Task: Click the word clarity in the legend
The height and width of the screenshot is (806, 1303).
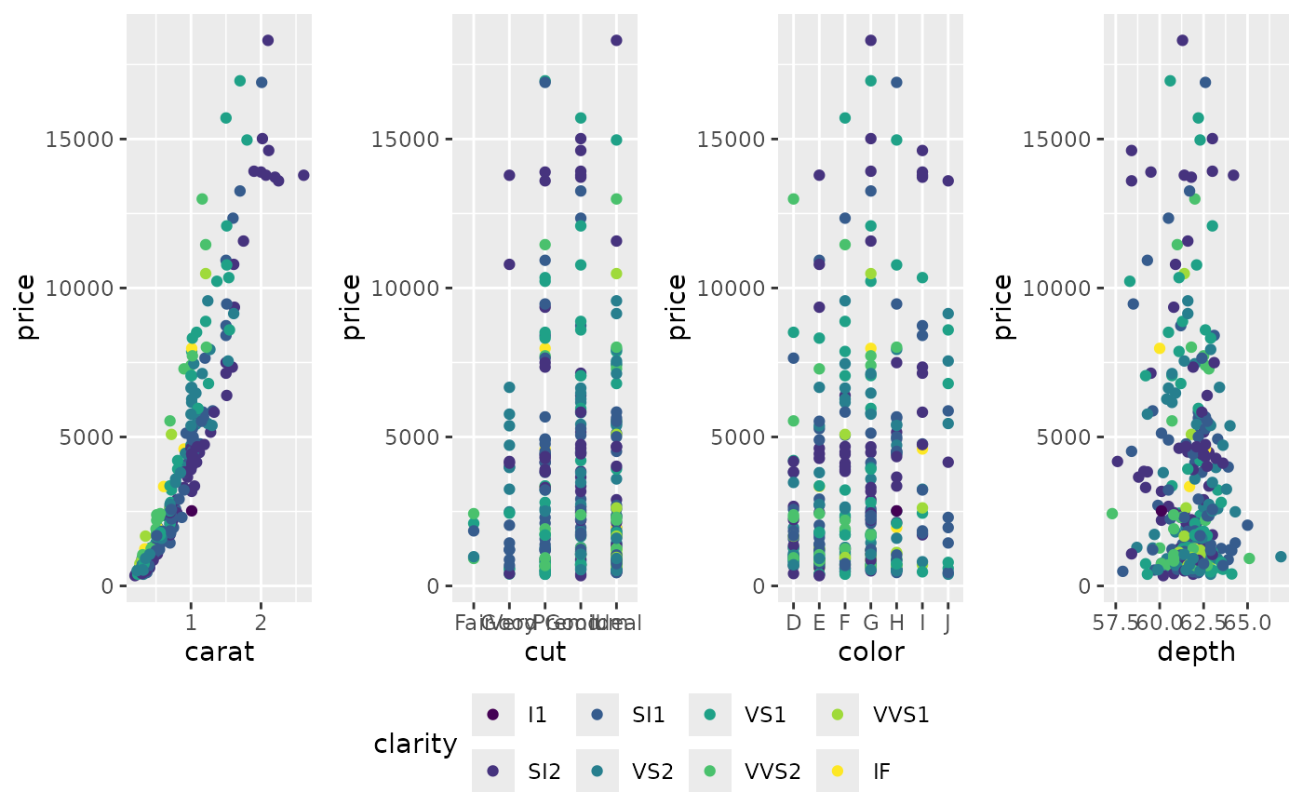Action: pyautogui.click(x=415, y=744)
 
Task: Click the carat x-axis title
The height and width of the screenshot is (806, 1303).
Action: pyautogui.click(x=220, y=652)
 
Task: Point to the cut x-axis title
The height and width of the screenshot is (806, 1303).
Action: pyautogui.click(x=545, y=652)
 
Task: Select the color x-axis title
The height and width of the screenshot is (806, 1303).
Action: pyautogui.click(x=871, y=652)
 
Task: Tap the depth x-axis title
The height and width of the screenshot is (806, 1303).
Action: pyautogui.click(x=1196, y=652)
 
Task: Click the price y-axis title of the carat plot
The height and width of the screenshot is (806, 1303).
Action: pyautogui.click(x=26, y=306)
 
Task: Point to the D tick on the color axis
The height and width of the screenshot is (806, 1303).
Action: pyautogui.click(x=794, y=622)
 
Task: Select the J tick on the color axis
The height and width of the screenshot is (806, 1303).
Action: pyautogui.click(x=947, y=622)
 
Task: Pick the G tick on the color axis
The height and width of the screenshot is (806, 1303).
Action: pyautogui.click(x=871, y=622)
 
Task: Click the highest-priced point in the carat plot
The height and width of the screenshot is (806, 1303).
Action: pyautogui.click(x=268, y=40)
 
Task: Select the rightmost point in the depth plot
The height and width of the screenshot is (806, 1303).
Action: pyautogui.click(x=1281, y=557)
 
